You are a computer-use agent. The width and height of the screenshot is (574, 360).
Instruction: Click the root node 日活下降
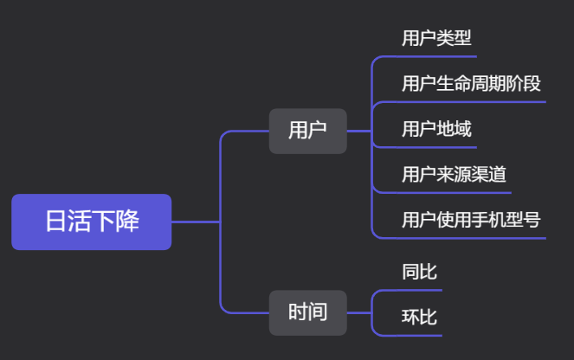tap(91, 222)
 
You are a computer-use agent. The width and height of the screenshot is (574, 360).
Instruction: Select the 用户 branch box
tap(307, 131)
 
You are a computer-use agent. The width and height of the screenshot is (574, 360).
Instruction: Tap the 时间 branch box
tap(307, 312)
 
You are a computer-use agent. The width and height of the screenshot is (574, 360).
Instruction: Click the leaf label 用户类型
tap(436, 38)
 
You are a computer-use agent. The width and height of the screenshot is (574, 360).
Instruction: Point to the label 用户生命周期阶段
tap(471, 84)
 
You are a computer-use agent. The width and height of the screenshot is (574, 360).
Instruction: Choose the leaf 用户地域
tap(436, 130)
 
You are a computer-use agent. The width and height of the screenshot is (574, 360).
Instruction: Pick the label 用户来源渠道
tap(454, 175)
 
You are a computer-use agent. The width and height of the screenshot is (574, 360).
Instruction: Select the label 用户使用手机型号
tap(471, 220)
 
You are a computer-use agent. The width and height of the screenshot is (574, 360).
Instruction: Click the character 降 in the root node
tap(127, 222)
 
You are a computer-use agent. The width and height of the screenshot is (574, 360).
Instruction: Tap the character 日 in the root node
tap(56, 222)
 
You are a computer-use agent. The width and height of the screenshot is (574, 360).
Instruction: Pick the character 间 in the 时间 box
tap(318, 312)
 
